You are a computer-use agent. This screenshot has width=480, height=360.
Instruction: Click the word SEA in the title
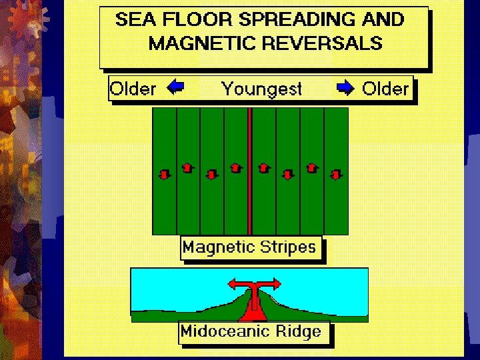coord(133,19)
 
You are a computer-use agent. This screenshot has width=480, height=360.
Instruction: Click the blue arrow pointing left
coord(175,87)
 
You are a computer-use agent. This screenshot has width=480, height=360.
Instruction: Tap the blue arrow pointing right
coord(346,87)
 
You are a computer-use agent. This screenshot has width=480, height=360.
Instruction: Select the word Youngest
coord(261,89)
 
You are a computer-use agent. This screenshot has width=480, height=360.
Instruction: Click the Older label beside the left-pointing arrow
coord(133,89)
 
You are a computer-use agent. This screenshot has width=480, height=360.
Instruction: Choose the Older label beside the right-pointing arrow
coord(385,89)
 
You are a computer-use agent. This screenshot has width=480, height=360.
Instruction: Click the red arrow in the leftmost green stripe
coord(164,174)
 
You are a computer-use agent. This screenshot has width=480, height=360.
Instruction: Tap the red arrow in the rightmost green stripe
coord(337,174)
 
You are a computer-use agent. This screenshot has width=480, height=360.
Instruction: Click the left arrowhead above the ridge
coord(232,284)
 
